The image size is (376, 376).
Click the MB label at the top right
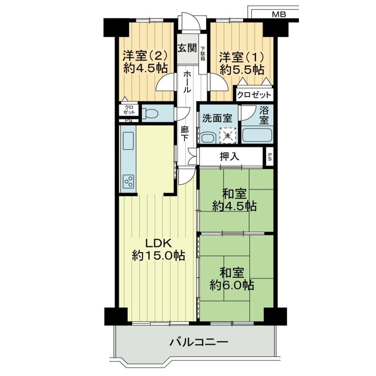[279, 14]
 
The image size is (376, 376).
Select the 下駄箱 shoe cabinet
[203, 54]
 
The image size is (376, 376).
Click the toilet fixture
[149, 113]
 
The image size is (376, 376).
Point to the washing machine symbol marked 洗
[228, 135]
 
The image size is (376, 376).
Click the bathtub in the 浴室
[257, 135]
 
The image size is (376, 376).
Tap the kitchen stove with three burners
[129, 181]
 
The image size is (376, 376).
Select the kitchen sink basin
[128, 141]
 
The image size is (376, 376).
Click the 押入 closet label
[229, 156]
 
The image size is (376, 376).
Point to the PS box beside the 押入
[270, 156]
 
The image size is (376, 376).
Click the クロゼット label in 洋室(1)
[254, 95]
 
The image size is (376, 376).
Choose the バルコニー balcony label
[199, 342]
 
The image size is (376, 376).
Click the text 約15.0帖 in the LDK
[159, 256]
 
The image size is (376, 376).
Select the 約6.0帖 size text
[232, 285]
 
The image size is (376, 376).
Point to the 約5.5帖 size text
[242, 70]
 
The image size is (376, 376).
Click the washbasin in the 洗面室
[207, 138]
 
